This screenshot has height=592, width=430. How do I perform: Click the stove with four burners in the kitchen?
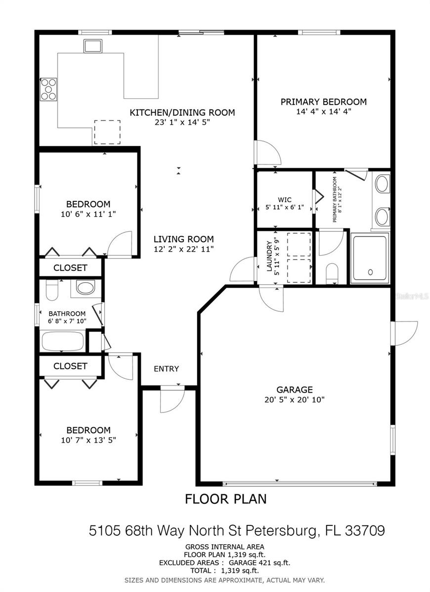tap(48, 89)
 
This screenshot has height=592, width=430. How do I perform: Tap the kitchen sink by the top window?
tap(93, 46)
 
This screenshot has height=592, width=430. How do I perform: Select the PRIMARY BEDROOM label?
tap(324, 102)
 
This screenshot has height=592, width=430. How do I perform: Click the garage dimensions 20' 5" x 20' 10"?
tap(295, 400)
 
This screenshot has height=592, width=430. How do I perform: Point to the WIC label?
tap(285, 200)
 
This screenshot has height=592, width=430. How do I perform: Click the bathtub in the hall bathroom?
tap(63, 341)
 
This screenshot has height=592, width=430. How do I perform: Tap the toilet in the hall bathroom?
tap(52, 290)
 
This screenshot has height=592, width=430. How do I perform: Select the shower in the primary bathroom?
tap(370, 259)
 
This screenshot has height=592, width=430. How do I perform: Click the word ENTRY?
tap(166, 369)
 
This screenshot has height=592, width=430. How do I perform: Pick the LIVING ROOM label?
tap(184, 239)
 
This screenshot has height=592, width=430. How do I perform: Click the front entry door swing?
tap(172, 399)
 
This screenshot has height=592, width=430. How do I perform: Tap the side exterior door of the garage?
tap(404, 333)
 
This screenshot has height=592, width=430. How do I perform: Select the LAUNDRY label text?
tap(269, 256)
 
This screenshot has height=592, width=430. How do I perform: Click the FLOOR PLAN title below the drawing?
tap(225, 499)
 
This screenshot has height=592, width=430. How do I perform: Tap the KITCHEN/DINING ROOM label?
tap(182, 112)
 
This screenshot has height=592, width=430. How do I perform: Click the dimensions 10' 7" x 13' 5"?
tap(88, 440)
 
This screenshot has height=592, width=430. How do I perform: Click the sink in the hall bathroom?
tap(85, 287)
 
